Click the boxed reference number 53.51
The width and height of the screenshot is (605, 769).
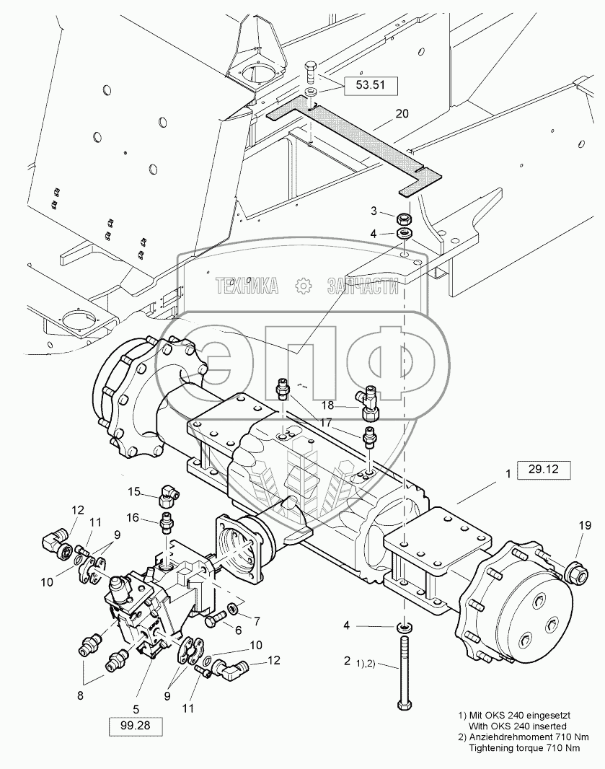coord(370,85)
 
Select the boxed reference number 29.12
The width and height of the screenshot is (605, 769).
coord(544,470)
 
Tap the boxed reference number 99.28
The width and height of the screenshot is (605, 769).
coord(136,726)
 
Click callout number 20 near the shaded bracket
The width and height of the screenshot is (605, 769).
coord(402,114)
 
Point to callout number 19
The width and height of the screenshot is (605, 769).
coord(585,525)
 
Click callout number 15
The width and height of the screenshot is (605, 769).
coord(134,491)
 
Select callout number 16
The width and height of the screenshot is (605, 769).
coord(133,518)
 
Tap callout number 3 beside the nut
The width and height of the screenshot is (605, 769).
coord(374,211)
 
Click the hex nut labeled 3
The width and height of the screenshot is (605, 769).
coord(404,216)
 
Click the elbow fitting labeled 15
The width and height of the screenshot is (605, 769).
coord(168,496)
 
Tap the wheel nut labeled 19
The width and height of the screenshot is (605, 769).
coord(577,571)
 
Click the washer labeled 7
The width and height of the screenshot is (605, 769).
coord(234,608)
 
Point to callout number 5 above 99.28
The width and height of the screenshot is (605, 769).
coord(136,709)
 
